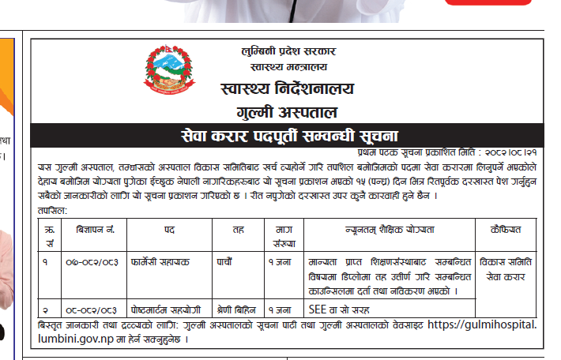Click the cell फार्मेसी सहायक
tap(162, 261)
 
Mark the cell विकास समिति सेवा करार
tap(506, 268)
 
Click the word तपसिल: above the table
tap(51, 211)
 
